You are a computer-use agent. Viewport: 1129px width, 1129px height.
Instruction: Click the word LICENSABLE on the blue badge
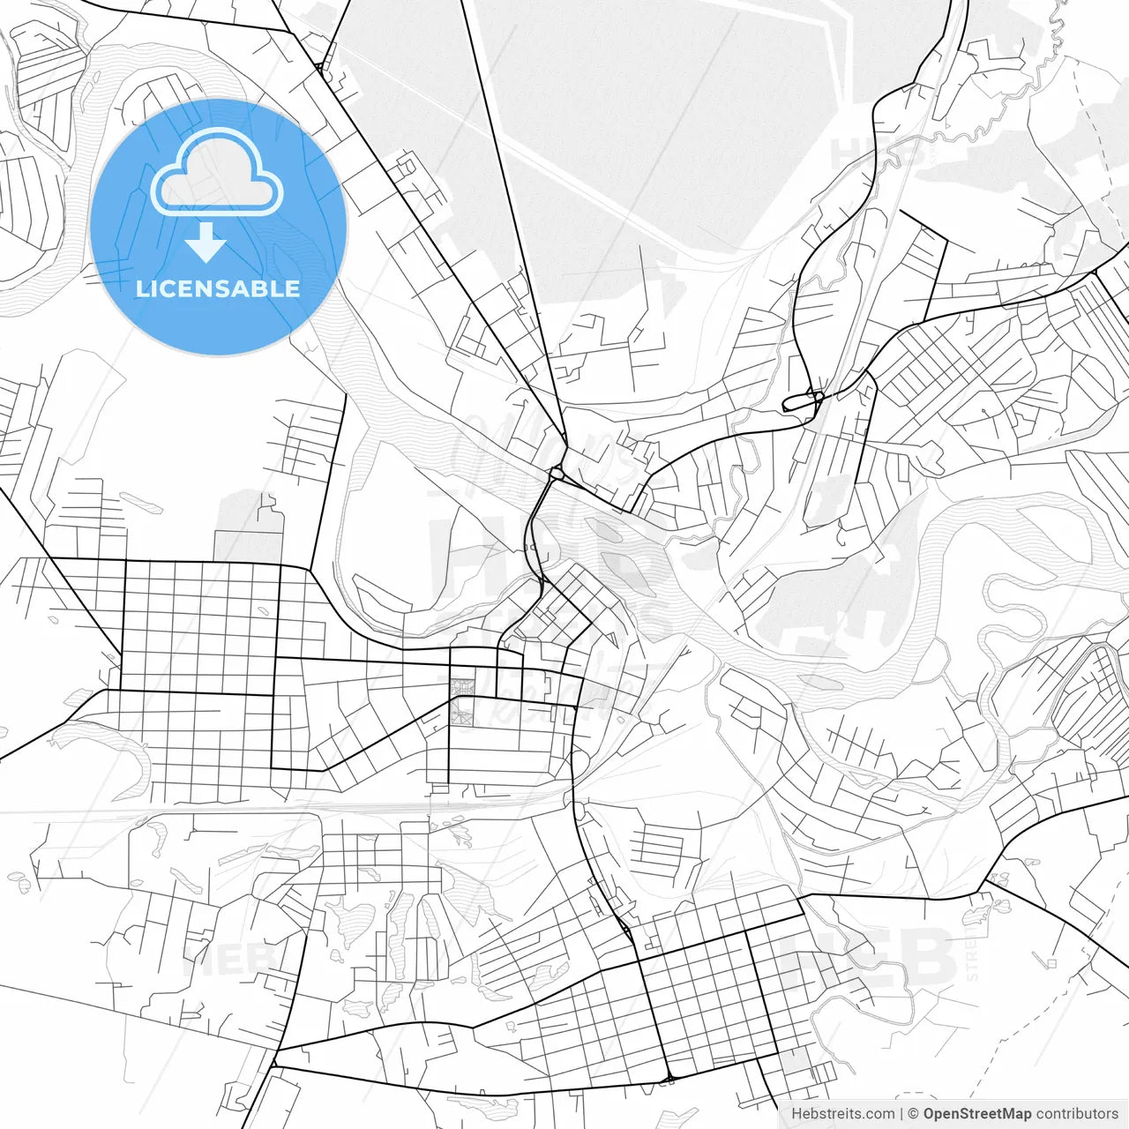pyautogui.click(x=217, y=288)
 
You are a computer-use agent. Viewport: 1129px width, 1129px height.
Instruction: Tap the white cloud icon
pyautogui.click(x=217, y=174)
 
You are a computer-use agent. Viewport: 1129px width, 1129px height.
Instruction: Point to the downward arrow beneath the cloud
pyautogui.click(x=206, y=242)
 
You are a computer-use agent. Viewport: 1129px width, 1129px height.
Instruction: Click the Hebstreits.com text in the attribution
pyautogui.click(x=842, y=1114)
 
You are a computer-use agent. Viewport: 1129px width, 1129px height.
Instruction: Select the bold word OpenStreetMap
pyautogui.click(x=977, y=1114)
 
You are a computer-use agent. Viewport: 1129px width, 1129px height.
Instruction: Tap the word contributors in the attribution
pyautogui.click(x=1077, y=1114)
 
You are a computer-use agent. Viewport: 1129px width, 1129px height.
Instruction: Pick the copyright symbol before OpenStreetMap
pyautogui.click(x=913, y=1114)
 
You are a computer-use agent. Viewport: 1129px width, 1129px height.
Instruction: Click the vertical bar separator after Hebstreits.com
pyautogui.click(x=901, y=1114)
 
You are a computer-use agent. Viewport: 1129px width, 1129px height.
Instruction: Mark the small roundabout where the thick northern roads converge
pyautogui.click(x=557, y=474)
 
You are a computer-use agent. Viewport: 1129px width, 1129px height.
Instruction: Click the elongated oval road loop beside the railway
pyautogui.click(x=802, y=401)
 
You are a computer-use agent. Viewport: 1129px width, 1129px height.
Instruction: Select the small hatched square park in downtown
pyautogui.click(x=461, y=687)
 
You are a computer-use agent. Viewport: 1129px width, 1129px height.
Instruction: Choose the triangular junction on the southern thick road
pyautogui.click(x=669, y=1078)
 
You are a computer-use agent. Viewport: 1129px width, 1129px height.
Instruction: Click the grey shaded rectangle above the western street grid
pyautogui.click(x=250, y=526)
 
